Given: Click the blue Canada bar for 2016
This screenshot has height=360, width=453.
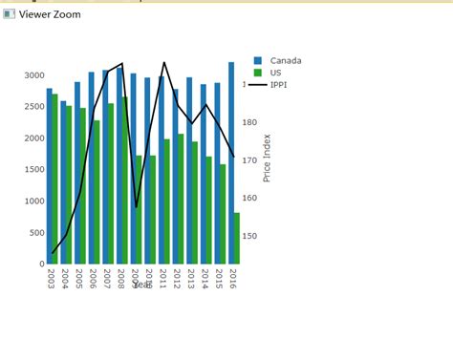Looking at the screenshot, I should click(x=231, y=162).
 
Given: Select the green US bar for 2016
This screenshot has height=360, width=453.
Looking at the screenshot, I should click(x=237, y=238).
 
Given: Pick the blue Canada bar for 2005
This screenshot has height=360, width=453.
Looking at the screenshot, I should click(x=77, y=173).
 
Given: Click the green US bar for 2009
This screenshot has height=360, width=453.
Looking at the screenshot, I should click(x=139, y=209).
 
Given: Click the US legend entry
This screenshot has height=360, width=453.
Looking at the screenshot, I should click(x=275, y=73).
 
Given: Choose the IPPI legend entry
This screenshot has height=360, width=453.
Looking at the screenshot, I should click(x=278, y=84).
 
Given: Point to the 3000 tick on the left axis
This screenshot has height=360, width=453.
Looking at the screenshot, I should click(x=33, y=75).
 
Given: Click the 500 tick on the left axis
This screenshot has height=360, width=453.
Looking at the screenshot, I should click(x=35, y=232).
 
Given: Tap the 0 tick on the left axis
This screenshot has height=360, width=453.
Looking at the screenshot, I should click(x=41, y=264).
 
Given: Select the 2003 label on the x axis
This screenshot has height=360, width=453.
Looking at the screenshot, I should click(x=51, y=278).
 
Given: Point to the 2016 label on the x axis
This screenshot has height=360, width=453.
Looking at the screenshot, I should click(x=233, y=278).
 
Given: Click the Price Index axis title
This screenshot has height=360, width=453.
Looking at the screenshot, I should click(x=268, y=158).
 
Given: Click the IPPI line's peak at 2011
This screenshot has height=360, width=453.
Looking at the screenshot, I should click(x=164, y=63).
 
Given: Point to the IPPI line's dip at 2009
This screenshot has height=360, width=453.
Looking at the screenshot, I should click(x=136, y=206).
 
